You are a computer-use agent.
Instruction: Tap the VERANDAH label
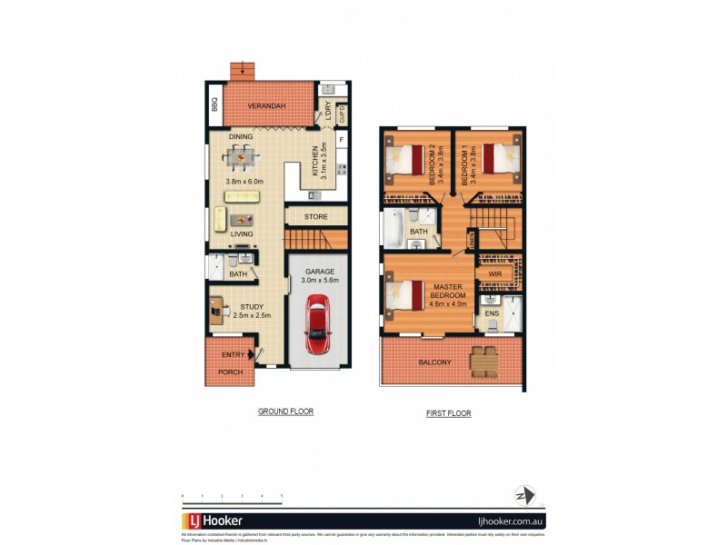[x=267, y=106]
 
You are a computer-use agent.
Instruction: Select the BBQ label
[x=215, y=105]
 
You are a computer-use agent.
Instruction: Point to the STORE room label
[x=315, y=217]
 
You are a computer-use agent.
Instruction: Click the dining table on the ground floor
[x=241, y=158]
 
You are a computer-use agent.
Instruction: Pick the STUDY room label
[x=252, y=307]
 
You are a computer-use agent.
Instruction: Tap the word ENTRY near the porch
[x=233, y=354]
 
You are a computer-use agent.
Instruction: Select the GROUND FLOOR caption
[x=285, y=411]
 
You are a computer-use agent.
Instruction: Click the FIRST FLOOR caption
[x=448, y=413]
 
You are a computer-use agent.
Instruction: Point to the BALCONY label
[x=434, y=363]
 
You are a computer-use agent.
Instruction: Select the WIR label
[x=495, y=273]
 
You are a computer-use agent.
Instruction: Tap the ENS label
[x=492, y=313]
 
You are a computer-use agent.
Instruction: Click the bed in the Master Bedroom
[x=404, y=295]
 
